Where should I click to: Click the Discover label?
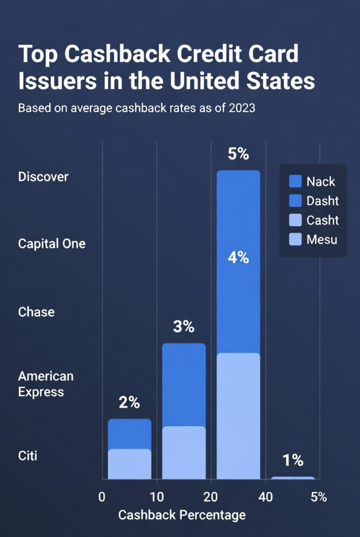coord(43,177)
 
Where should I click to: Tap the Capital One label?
coord(51,244)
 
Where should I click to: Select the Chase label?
coord(36,312)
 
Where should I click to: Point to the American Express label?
coord(46,384)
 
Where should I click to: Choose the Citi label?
coord(28,455)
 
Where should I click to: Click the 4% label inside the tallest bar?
coord(238,258)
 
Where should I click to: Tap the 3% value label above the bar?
coord(183,327)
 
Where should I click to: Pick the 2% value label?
coord(129,403)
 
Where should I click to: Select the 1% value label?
coord(292,460)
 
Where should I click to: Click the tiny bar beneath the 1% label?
coord(292,478)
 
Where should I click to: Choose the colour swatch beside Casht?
coord(296,220)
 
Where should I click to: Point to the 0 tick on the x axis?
coord(102,497)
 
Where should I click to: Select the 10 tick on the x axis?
coord(156,497)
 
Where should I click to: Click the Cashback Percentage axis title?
coord(182,515)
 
